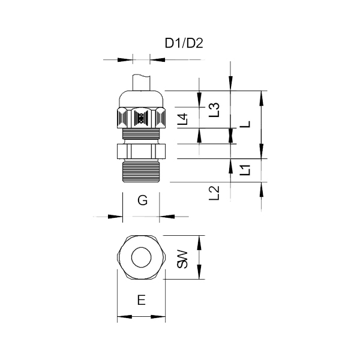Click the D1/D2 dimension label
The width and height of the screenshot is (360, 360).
(x=184, y=43)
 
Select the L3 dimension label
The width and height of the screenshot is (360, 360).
(x=214, y=110)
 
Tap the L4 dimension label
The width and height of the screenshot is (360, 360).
(x=183, y=119)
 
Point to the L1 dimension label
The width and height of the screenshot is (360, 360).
(x=245, y=170)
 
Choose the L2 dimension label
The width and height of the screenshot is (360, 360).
(x=214, y=193)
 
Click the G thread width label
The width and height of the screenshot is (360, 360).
(x=142, y=200)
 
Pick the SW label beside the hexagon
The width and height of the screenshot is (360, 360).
(x=182, y=260)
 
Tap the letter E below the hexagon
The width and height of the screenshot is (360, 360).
(x=142, y=300)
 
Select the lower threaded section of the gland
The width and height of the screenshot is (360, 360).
(x=141, y=171)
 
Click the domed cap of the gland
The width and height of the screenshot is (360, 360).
(x=141, y=99)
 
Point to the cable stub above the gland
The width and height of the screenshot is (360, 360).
(x=141, y=82)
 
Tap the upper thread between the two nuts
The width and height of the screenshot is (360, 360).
(x=141, y=134)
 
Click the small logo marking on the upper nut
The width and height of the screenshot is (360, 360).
(x=140, y=118)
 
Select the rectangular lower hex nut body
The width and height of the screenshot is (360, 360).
(x=141, y=151)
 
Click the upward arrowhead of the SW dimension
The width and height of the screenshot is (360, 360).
(x=199, y=243)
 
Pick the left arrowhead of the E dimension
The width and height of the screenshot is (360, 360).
(x=124, y=317)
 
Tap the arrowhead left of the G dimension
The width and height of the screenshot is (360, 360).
(x=115, y=216)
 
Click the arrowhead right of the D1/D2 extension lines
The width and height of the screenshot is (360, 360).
(x=157, y=60)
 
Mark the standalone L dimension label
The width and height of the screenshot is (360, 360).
(x=245, y=124)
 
